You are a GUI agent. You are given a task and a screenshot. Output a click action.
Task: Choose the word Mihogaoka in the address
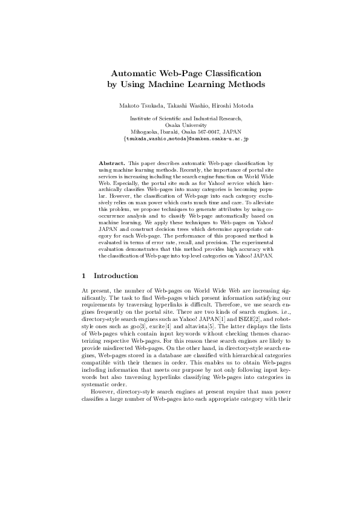coord(145,132)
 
